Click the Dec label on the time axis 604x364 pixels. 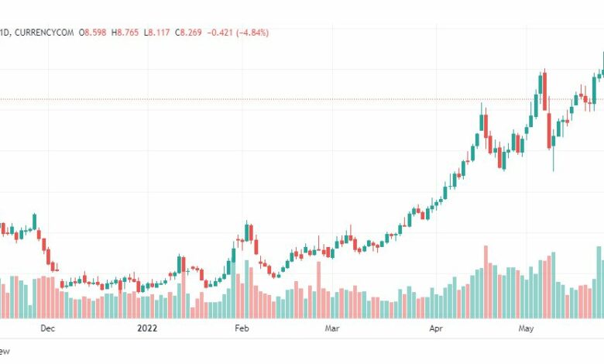click(47, 328)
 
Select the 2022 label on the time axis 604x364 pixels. click(147, 328)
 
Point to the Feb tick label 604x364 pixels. click(242, 328)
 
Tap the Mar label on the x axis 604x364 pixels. click(332, 328)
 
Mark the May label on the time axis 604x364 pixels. click(526, 328)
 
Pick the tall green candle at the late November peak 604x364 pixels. click(34, 222)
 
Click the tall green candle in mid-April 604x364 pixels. click(481, 122)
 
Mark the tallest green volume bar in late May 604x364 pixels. click(599, 282)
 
